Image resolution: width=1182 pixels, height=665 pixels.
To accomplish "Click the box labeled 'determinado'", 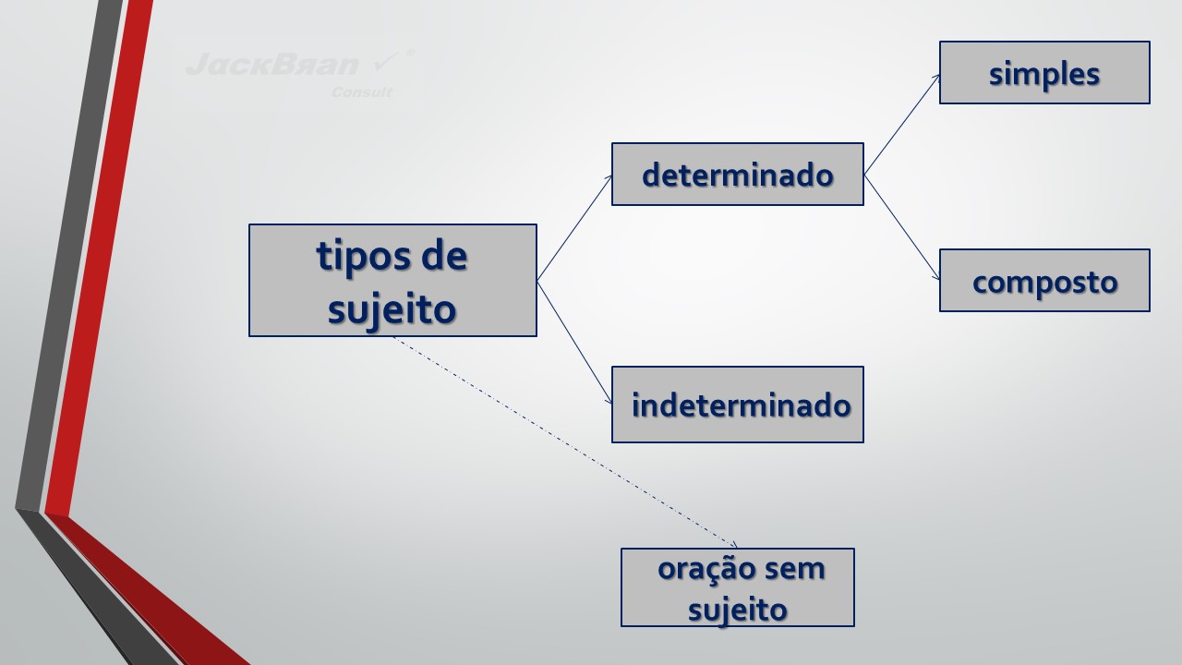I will (x=737, y=174).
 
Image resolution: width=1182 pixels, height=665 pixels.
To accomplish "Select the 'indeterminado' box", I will (x=737, y=405).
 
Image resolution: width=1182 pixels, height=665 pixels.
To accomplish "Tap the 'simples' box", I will (x=1044, y=72).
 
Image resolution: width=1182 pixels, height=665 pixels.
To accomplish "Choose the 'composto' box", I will (x=1044, y=281).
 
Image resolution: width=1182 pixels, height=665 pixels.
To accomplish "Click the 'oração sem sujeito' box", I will (x=737, y=587).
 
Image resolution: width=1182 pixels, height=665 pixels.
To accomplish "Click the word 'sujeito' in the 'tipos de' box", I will (x=392, y=308).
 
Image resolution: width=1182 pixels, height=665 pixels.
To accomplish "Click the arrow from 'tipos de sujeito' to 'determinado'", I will (x=574, y=227).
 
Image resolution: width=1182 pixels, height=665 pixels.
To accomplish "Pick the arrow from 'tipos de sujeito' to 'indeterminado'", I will (x=574, y=342).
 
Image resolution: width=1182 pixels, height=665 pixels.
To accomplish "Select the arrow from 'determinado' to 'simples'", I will (x=901, y=124).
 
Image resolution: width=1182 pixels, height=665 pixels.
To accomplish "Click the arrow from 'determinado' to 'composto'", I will (x=901, y=226).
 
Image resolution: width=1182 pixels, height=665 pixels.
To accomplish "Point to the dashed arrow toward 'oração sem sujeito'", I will (x=563, y=441).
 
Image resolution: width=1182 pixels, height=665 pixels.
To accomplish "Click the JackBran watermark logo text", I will (x=271, y=65).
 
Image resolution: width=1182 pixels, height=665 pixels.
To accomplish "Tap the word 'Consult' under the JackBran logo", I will (x=362, y=92).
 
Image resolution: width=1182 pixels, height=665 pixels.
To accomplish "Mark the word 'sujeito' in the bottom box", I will (x=738, y=610).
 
